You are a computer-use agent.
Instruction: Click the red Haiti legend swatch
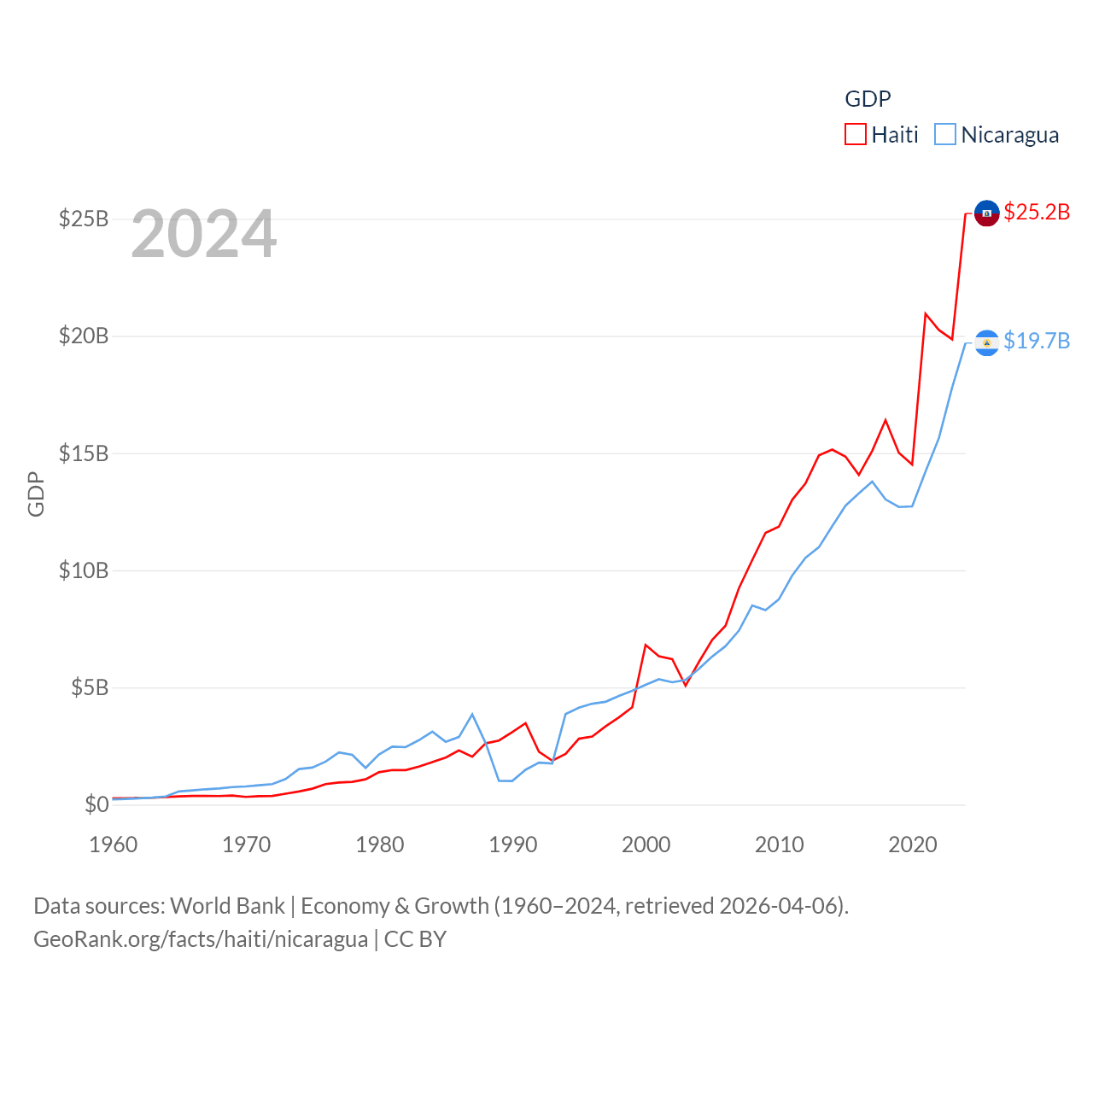856,134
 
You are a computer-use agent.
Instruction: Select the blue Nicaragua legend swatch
945,134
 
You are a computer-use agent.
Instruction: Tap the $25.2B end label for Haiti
1037,212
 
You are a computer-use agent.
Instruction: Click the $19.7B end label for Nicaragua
1037,341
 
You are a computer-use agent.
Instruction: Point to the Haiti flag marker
987,213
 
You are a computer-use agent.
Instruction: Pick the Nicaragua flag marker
987,342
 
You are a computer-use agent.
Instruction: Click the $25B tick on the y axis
84,219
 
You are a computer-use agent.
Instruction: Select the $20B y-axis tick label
84,336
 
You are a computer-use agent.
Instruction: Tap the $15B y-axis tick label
84,453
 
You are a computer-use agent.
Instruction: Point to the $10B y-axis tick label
84,570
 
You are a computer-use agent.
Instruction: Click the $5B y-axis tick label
90,687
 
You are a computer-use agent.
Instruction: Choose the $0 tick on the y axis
96,804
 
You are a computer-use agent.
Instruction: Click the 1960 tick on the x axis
114,845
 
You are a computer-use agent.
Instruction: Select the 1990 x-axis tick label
513,845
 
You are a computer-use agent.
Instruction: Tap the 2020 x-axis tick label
913,845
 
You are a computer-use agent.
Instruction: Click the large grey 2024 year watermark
203,234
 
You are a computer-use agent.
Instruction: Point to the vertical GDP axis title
36,494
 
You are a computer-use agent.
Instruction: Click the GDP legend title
868,99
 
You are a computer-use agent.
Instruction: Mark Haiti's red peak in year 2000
646,645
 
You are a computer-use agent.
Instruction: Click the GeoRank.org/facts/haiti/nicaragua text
201,939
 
